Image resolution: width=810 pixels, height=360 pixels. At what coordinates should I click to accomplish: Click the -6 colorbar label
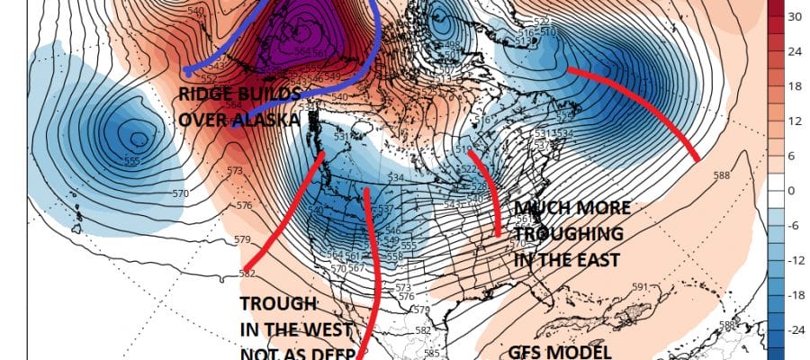pos(796,226)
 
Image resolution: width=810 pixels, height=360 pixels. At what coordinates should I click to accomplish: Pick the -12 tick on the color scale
pos(796,261)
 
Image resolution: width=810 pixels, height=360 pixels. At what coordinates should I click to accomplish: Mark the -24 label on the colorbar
pos(796,330)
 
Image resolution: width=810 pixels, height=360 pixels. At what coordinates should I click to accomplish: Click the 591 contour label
pos(640,287)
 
